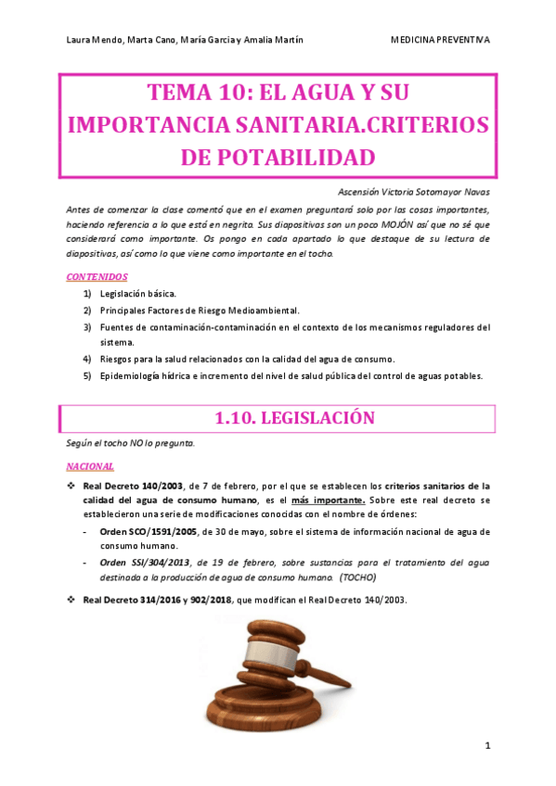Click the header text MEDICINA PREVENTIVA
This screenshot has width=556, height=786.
[x=441, y=40]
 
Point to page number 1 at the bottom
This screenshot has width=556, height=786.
[x=487, y=746]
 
